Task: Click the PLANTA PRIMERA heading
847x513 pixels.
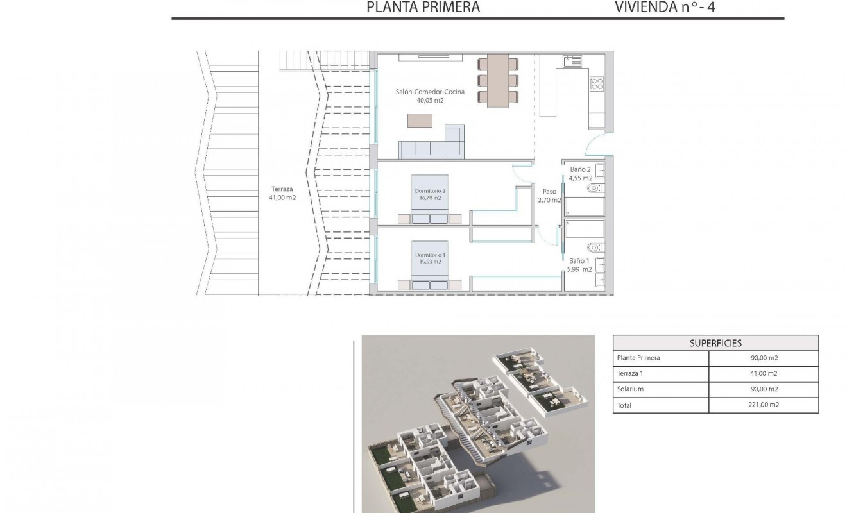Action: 423,7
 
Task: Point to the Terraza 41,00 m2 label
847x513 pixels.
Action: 282,194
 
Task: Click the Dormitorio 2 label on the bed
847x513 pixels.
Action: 430,194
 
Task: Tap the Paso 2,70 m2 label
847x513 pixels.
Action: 550,196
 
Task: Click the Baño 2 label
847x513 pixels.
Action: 581,174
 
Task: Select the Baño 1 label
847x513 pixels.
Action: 578,265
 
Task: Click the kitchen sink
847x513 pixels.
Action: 572,62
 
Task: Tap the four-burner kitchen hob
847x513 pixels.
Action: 596,83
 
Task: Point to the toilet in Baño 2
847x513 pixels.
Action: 595,189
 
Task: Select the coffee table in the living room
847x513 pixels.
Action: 420,121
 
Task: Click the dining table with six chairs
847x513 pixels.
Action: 498,81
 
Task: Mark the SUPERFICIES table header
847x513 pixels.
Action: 715,343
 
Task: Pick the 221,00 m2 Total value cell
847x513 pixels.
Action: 764,405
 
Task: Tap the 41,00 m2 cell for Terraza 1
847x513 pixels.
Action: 764,373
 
